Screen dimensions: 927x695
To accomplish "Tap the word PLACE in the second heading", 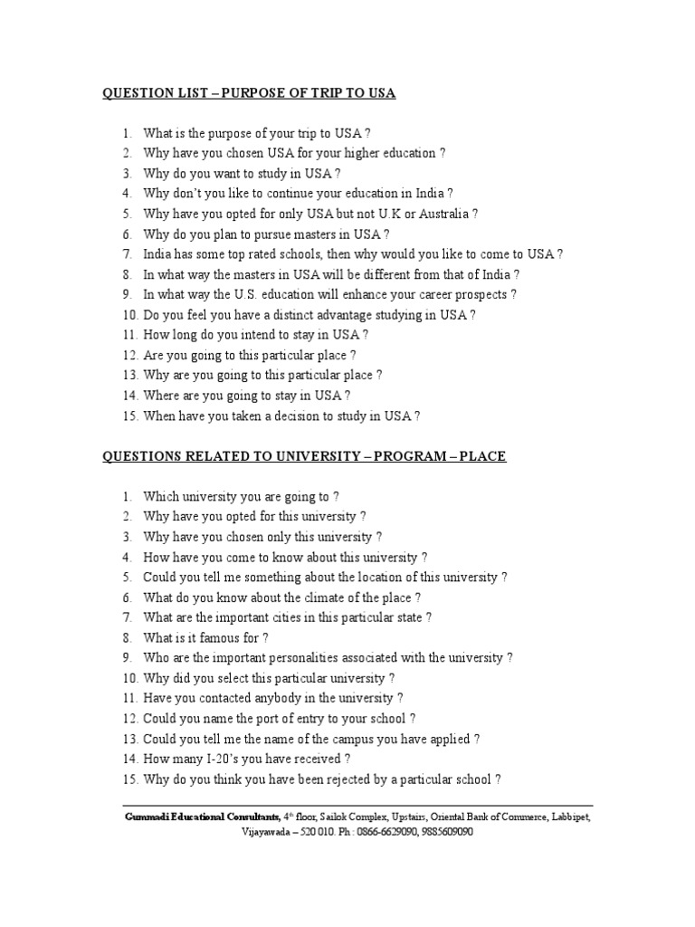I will coord(482,456).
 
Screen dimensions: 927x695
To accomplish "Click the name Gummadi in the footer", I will coord(147,817).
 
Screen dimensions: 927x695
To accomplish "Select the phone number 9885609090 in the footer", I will coord(443,832).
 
